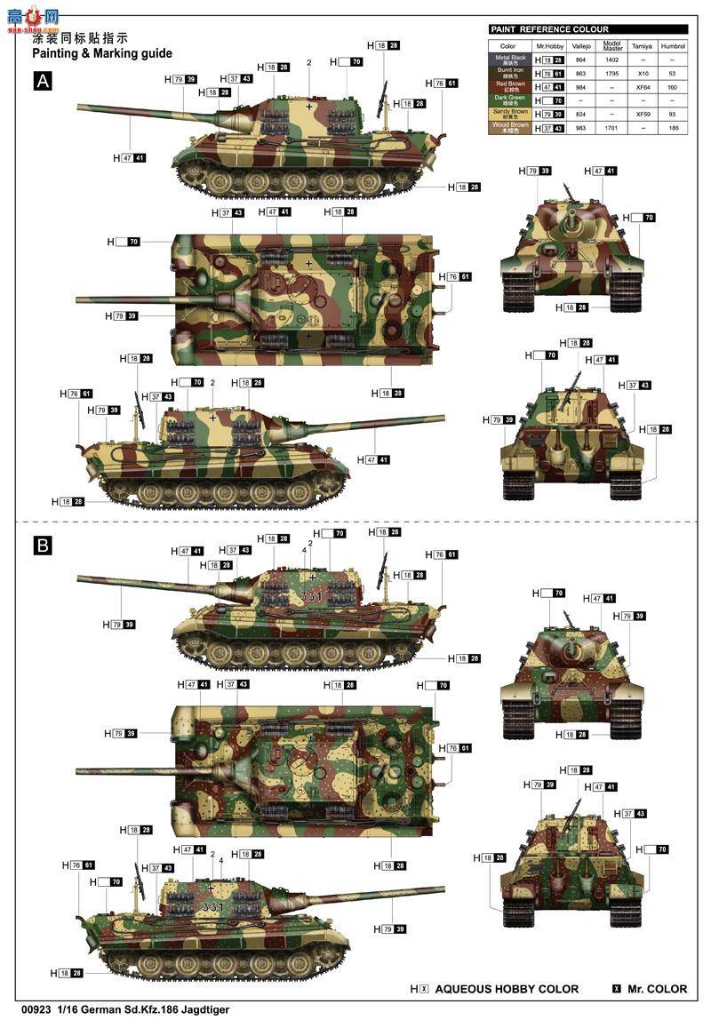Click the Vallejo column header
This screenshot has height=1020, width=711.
click(580, 45)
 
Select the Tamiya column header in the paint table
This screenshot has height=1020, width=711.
click(642, 45)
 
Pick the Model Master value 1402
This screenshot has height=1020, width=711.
click(611, 59)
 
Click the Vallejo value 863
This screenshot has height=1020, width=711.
click(580, 73)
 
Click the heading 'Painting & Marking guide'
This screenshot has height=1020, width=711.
click(102, 53)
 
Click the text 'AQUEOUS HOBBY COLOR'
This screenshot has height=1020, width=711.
click(507, 989)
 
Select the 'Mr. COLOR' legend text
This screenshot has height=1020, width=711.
click(658, 989)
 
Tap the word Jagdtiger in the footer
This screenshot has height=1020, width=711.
click(210, 1011)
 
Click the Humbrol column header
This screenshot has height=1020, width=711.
click(672, 45)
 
